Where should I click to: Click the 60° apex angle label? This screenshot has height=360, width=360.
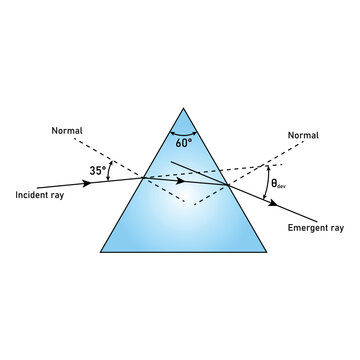point(182,143)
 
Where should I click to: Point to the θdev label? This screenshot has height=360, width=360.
point(281,185)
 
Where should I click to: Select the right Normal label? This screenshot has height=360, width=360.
point(303,134)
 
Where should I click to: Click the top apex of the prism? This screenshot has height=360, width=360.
point(183,107)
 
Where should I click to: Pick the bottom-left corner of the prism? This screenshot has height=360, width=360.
point(100,251)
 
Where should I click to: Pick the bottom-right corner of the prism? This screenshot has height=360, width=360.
point(266,251)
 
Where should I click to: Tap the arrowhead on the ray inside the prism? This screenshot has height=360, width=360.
point(181,181)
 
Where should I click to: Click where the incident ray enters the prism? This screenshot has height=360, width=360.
point(142,178)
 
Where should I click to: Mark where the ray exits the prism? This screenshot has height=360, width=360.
point(229,187)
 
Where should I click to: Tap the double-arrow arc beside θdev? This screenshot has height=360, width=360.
point(265,184)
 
